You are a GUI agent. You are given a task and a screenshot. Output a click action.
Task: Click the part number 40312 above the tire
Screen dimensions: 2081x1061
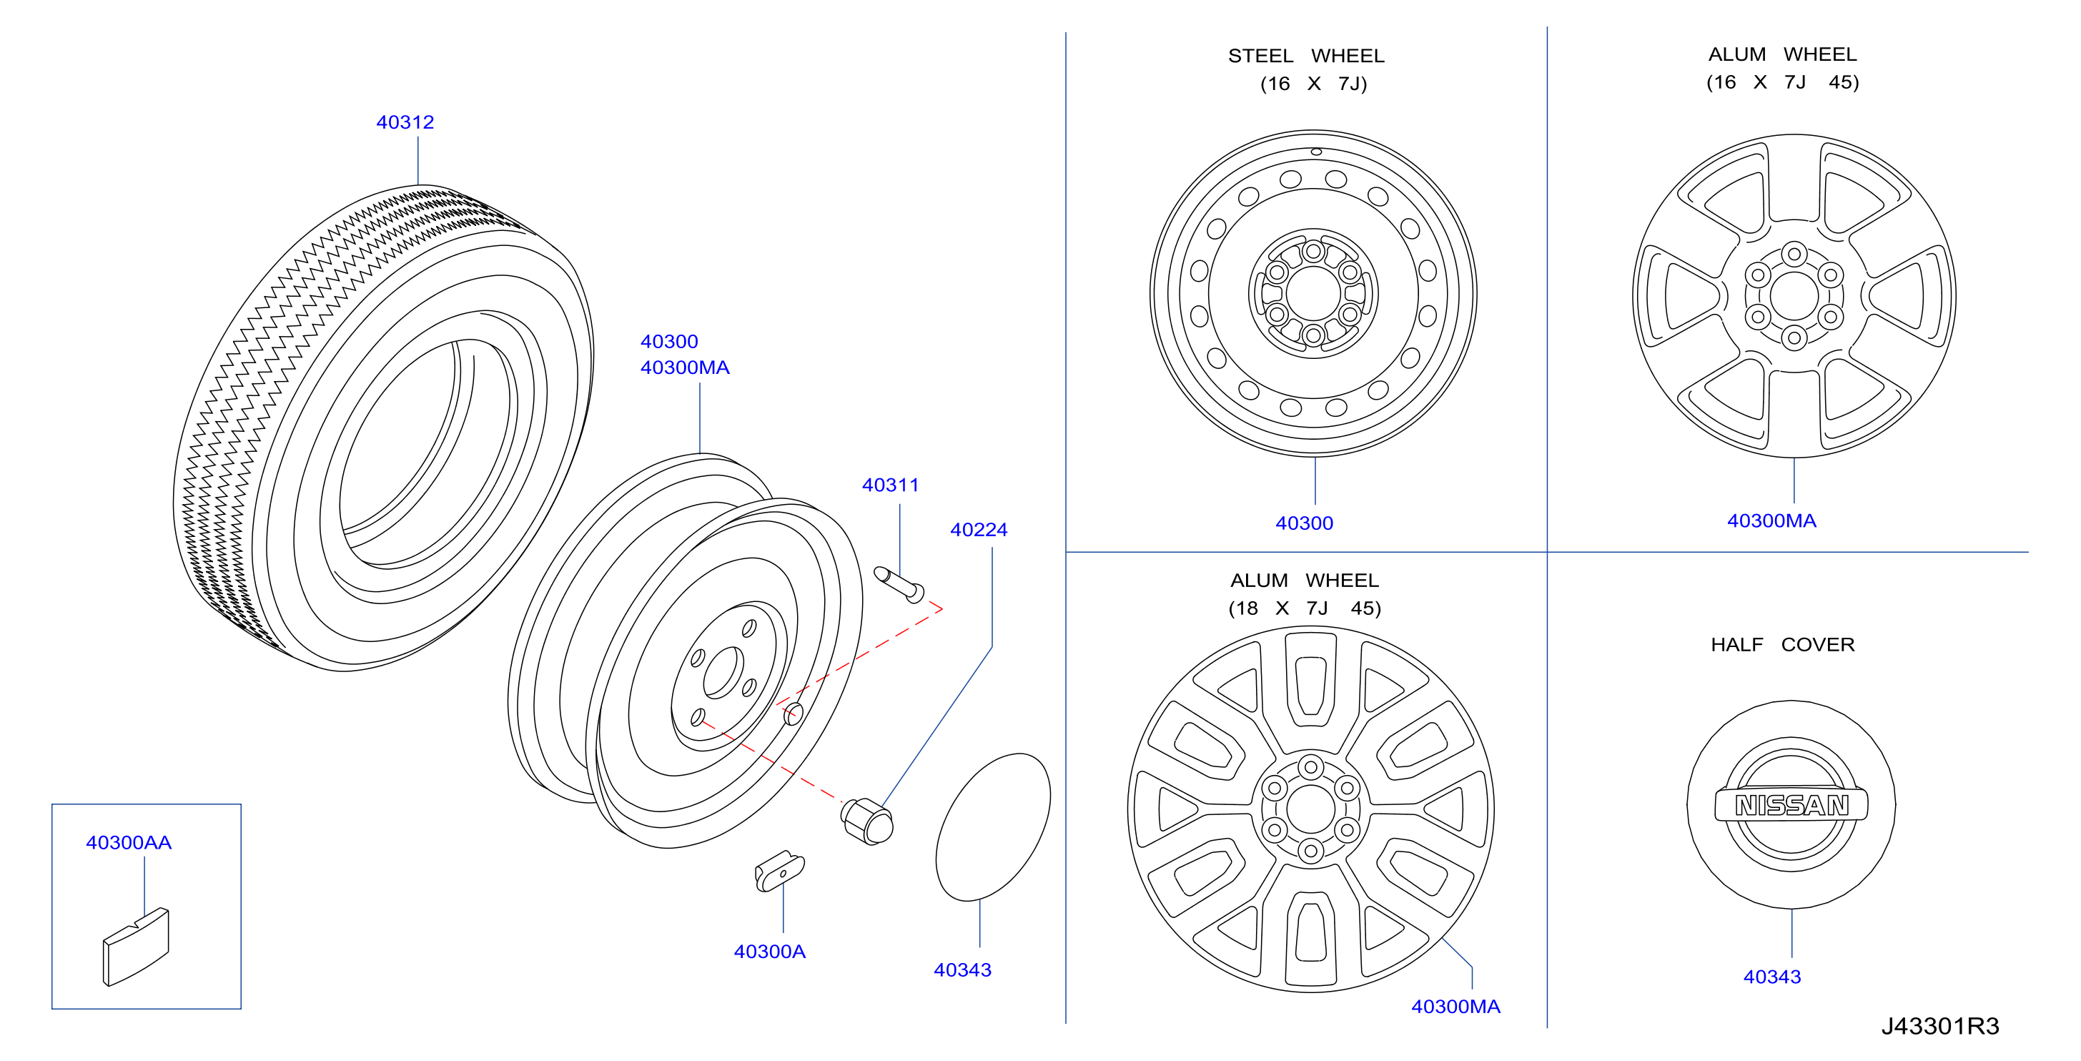tap(405, 122)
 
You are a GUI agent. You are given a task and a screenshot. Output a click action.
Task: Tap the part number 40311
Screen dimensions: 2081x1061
tap(890, 485)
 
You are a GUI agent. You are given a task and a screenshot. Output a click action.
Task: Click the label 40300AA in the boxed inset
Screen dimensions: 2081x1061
tap(129, 842)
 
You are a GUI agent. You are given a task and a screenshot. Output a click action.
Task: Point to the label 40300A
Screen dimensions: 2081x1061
tap(769, 951)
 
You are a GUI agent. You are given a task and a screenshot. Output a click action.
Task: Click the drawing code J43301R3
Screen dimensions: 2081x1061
tap(1939, 1025)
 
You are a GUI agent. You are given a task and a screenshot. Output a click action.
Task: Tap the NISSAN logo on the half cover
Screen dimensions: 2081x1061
tap(1791, 805)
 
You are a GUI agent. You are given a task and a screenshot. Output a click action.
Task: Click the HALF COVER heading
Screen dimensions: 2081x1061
tap(1782, 644)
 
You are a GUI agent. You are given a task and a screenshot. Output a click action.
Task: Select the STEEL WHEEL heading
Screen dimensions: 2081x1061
tap(1305, 55)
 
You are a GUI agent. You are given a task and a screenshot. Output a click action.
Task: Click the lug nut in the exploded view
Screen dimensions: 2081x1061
tap(867, 821)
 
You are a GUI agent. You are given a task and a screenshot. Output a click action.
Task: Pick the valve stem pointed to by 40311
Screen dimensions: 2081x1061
tap(899, 584)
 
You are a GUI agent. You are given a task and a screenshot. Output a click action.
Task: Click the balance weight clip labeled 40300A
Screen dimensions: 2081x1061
tap(779, 870)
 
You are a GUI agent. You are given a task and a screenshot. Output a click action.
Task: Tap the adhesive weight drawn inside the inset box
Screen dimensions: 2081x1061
tap(136, 947)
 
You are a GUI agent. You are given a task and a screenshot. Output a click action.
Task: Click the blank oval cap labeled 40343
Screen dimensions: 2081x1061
tap(993, 826)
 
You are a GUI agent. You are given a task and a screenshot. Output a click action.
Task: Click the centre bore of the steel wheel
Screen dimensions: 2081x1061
tap(1313, 293)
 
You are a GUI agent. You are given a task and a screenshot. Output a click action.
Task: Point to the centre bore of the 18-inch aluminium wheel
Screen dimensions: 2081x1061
tap(1310, 809)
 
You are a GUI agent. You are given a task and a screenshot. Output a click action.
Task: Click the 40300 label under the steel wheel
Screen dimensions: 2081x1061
tap(1304, 523)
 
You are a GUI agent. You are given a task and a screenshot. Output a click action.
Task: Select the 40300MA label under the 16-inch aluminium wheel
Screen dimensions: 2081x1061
tap(1771, 520)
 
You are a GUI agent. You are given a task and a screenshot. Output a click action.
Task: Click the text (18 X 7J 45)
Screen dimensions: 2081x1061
tap(1305, 608)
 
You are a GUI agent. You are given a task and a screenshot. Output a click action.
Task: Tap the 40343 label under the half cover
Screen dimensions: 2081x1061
tap(1771, 976)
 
